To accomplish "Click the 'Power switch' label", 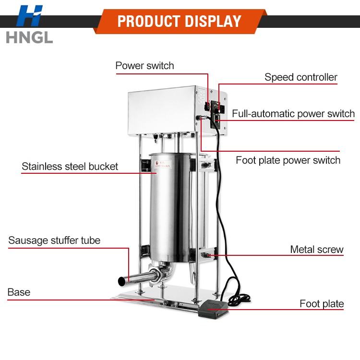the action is [144, 65].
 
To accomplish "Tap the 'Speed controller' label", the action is [301, 77].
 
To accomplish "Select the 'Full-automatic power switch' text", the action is [293, 114].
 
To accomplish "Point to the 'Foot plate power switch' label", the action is [288, 160].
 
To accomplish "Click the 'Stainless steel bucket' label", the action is [70, 167].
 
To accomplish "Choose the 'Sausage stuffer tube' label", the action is [54, 240].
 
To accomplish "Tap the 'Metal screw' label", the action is [317, 249].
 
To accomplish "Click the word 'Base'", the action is [19, 292].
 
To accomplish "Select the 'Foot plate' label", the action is [322, 303].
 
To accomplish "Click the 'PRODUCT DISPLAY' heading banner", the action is [180, 22].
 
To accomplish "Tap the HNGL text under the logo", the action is [29, 37].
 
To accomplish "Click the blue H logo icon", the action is [30, 16].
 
